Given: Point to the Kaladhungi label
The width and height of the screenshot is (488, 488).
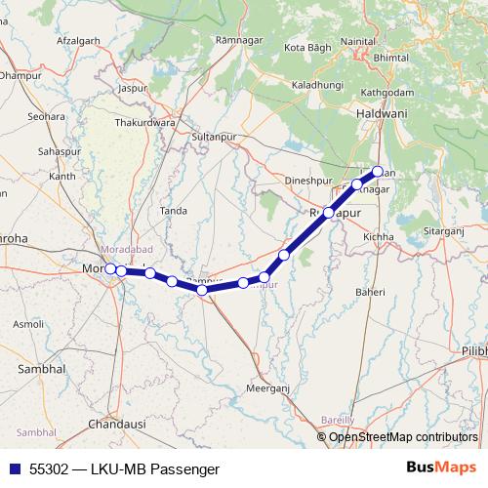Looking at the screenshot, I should click(x=317, y=85).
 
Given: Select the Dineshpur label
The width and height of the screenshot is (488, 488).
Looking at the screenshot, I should click(x=308, y=181).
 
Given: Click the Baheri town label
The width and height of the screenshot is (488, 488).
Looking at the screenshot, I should click(x=371, y=292).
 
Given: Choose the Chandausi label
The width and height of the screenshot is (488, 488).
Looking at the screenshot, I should click(x=116, y=425).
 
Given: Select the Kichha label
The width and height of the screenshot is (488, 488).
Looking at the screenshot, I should click(x=378, y=237).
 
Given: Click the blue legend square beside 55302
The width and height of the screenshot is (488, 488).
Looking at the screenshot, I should click(x=14, y=468).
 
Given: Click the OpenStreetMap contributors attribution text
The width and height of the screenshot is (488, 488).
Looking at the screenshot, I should click(x=403, y=436).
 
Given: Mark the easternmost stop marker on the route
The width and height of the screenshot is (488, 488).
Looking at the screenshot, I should click(x=378, y=172).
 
